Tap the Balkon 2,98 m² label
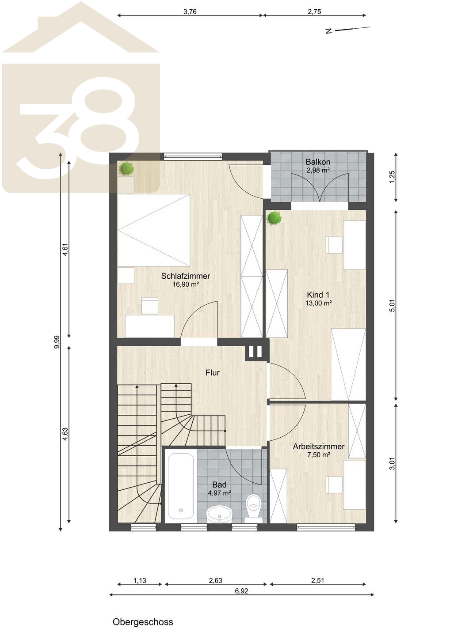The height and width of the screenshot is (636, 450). [x=318, y=166]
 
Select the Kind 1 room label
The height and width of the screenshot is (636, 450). [x=318, y=299]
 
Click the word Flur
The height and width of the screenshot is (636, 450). [x=213, y=372]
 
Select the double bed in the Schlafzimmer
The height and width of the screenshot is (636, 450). [x=154, y=230]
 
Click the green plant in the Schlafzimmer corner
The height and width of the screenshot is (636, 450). [x=126, y=169]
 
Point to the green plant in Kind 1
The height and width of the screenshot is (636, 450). [x=274, y=218]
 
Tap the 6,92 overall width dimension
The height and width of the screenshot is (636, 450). [x=241, y=591]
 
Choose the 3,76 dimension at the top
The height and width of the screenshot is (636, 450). [x=190, y=11]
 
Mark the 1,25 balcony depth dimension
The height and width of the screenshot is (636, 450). [x=392, y=177]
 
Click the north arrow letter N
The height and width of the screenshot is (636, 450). [x=329, y=31]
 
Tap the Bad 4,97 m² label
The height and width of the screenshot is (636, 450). [x=219, y=488]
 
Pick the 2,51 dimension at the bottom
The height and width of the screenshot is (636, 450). [x=318, y=581]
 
